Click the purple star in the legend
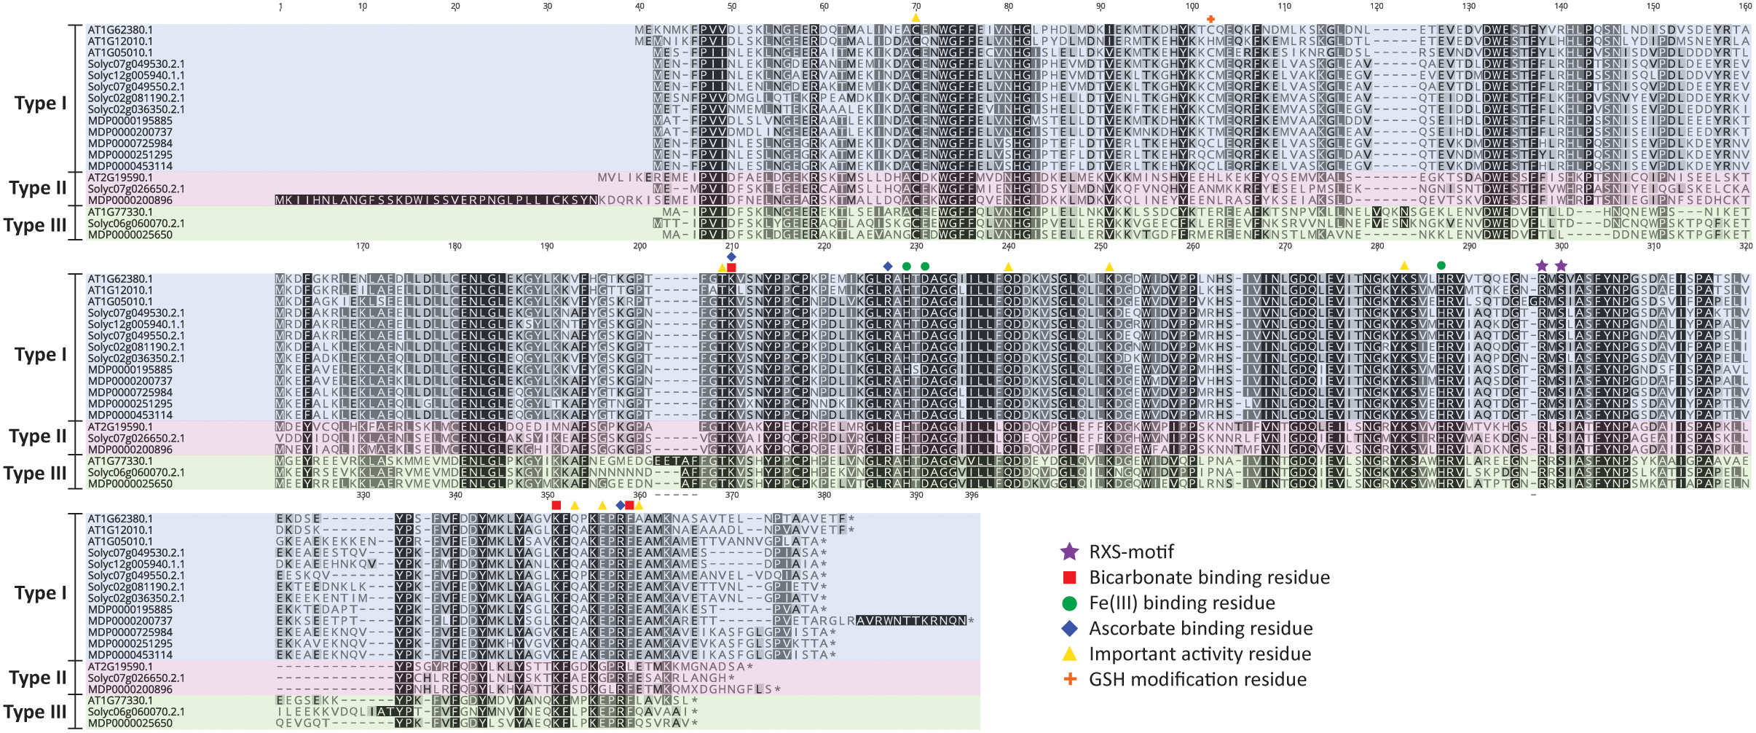tap(1068, 552)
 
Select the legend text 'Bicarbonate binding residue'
tap(1209, 578)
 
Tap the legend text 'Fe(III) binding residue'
tap(1181, 603)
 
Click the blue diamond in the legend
tap(1068, 629)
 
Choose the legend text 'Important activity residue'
tap(1200, 654)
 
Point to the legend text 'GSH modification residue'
tap(1197, 680)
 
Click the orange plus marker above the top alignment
tap(1210, 19)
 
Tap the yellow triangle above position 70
tap(916, 17)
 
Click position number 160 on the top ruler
tap(1745, 7)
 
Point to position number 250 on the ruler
tap(1101, 246)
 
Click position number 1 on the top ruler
tap(280, 7)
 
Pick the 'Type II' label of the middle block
tap(38, 436)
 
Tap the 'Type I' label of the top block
tap(40, 103)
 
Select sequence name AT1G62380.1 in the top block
tap(120, 31)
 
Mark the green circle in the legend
tap(1068, 603)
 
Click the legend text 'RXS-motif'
tap(1131, 552)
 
